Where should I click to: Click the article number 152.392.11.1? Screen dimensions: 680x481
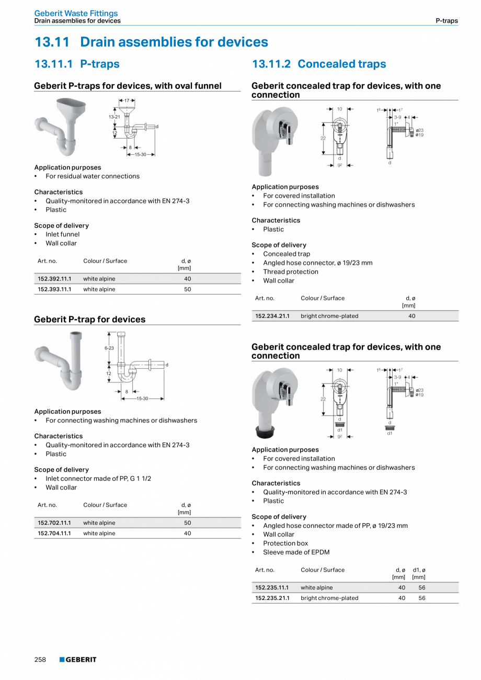pos(54,279)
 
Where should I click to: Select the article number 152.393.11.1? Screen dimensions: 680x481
pos(54,289)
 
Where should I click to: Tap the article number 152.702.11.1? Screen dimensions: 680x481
pos(54,523)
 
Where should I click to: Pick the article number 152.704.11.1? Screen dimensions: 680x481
pos(54,534)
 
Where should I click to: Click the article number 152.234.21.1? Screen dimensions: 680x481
pos(272,316)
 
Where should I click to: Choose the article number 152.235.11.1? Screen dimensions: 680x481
pos(272,587)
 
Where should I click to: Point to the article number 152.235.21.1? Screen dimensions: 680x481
pos(272,598)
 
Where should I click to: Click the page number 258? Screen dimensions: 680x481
pos(40,660)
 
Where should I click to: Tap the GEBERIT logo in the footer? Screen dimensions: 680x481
pos(78,660)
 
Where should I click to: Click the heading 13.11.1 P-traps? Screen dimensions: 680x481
pos(77,64)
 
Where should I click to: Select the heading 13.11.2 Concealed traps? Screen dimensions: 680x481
pos(318,64)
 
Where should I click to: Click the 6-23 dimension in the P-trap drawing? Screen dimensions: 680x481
pos(109,348)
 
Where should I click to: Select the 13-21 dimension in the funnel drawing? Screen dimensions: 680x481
pos(114,117)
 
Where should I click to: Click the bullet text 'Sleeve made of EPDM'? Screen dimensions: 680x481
pos(296,552)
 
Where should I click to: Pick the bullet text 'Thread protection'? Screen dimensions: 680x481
pos(290,271)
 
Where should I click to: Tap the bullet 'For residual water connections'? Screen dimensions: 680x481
pos(92,176)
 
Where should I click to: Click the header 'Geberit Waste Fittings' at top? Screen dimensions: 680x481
pos(76,13)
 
